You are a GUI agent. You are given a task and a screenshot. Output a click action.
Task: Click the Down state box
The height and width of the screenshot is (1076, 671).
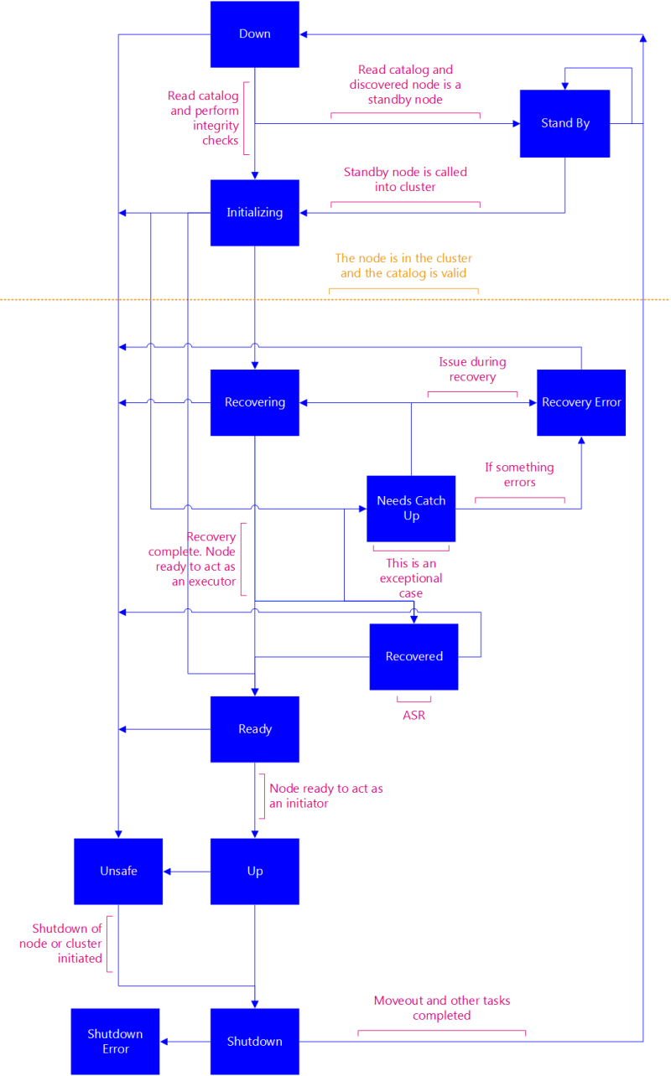coord(254,34)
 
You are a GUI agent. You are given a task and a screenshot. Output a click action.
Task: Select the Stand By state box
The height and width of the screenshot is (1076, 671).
coord(564,123)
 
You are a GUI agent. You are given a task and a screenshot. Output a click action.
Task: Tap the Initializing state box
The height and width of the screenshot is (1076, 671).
coord(254,213)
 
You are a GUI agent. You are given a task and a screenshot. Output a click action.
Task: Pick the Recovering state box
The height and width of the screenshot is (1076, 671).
coord(254,402)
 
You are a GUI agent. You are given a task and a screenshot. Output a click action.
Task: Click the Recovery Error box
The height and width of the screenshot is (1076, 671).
coord(581,402)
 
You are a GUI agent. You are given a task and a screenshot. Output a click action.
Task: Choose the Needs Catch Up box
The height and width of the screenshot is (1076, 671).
coord(411,509)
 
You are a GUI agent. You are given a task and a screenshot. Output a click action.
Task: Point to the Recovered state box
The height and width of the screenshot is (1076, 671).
coord(414,656)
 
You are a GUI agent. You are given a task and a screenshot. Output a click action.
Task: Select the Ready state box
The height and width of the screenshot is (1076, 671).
coord(254,729)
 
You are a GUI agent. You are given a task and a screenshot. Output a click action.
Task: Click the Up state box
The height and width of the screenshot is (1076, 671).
coord(254,872)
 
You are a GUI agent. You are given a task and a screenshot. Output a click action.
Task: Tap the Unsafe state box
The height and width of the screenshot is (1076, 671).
coord(118,872)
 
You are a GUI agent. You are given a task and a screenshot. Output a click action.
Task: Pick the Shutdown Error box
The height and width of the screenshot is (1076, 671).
coord(115,1042)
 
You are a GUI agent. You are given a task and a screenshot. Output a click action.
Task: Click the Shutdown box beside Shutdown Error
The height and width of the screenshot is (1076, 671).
coord(254,1042)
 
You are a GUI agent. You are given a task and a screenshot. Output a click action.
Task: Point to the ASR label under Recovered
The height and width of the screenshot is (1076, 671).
coord(414,716)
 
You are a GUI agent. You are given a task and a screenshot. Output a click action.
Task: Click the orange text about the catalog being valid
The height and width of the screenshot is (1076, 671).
coord(403,266)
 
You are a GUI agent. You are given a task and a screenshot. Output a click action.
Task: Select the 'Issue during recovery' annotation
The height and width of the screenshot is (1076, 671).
coord(472,370)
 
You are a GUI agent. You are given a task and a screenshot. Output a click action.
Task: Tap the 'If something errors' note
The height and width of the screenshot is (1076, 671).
coord(519,474)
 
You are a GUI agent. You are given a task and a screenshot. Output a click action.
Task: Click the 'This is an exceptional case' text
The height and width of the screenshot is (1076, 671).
coord(411,578)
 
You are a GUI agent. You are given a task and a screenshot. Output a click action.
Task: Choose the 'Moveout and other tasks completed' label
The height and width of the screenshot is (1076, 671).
coord(441,1008)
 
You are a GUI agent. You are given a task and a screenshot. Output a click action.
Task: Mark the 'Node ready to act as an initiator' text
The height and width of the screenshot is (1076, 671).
coord(325,796)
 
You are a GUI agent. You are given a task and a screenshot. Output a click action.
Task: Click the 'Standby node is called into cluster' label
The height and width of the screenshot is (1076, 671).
coord(405,179)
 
